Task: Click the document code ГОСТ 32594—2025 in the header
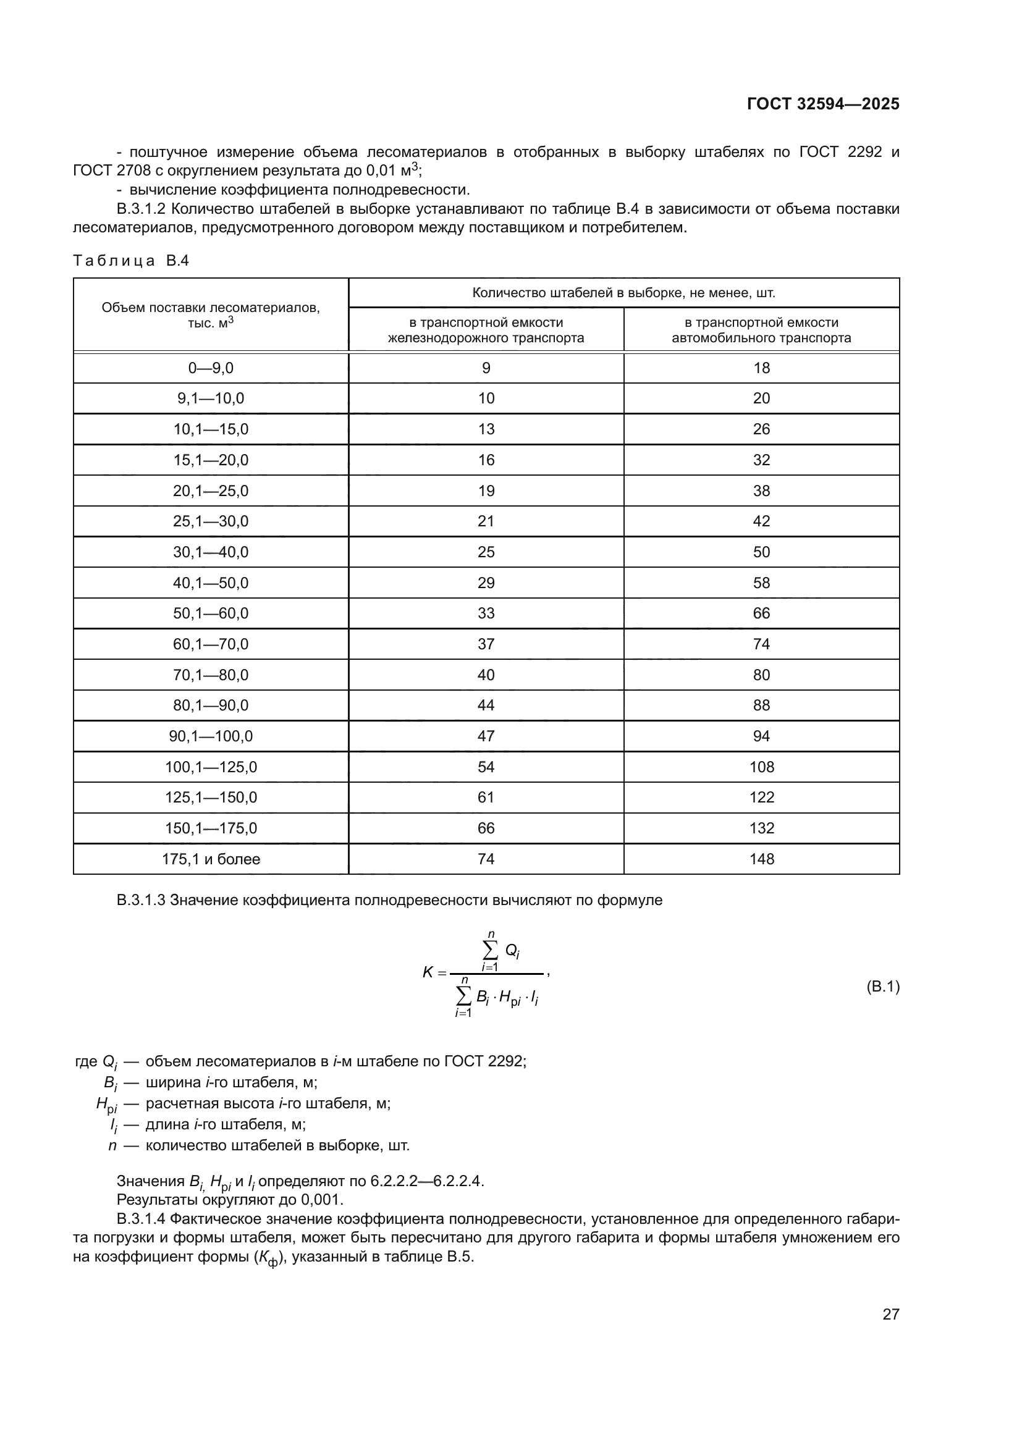(x=822, y=104)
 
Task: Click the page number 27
(x=890, y=1314)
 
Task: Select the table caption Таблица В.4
(x=131, y=261)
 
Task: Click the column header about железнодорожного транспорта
(x=485, y=331)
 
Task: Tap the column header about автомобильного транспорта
(x=761, y=331)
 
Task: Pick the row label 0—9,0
(x=211, y=368)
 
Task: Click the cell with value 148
(x=761, y=859)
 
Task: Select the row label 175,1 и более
(x=211, y=859)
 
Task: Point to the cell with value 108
(x=761, y=767)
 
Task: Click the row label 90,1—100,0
(x=211, y=736)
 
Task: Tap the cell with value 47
(x=486, y=736)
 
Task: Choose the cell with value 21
(x=486, y=521)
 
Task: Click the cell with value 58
(x=761, y=583)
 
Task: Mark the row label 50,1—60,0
(x=211, y=613)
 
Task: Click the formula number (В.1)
(x=883, y=986)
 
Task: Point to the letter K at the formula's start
(x=428, y=972)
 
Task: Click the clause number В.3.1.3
(x=141, y=900)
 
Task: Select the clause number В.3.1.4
(x=141, y=1237)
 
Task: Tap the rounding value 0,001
(x=321, y=1217)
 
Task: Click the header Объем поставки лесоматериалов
(x=211, y=308)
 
